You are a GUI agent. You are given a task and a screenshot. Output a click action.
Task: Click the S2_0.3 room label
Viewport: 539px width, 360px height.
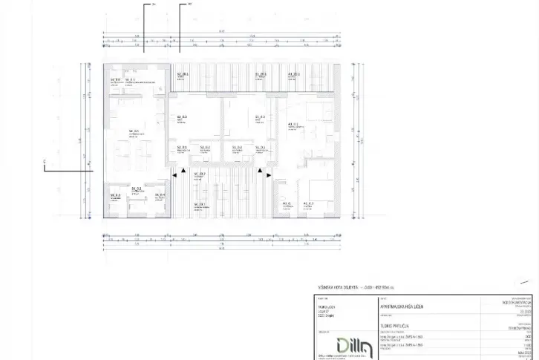181,117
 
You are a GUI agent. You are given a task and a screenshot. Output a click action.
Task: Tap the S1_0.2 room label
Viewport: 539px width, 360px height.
238,147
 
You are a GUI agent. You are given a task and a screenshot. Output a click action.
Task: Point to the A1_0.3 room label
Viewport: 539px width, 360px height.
308,203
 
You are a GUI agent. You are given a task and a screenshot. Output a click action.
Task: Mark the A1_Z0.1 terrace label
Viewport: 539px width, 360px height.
293,75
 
